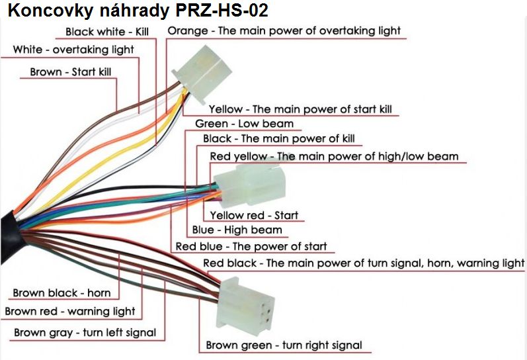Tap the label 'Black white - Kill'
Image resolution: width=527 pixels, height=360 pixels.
tap(107, 32)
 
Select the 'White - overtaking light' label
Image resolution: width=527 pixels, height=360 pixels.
tap(73, 50)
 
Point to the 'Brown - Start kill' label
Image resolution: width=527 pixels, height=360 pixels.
tap(71, 72)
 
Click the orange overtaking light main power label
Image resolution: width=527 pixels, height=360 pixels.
tap(284, 31)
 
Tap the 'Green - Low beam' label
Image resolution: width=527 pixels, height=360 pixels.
tap(244, 124)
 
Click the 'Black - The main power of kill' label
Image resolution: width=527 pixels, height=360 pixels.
tap(279, 139)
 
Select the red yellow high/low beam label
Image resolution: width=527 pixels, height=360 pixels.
tap(334, 157)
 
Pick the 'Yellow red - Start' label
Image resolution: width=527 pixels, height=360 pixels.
tap(254, 215)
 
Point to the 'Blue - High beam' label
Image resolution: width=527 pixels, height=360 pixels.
tap(237, 230)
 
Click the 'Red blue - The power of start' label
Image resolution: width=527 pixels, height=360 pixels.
tap(251, 247)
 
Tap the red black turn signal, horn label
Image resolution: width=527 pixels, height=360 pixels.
tap(364, 263)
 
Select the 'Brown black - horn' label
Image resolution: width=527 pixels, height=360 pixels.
tap(61, 292)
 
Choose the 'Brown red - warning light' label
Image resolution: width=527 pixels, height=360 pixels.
tap(70, 311)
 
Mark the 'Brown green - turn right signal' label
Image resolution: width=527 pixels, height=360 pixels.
tap(284, 345)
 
